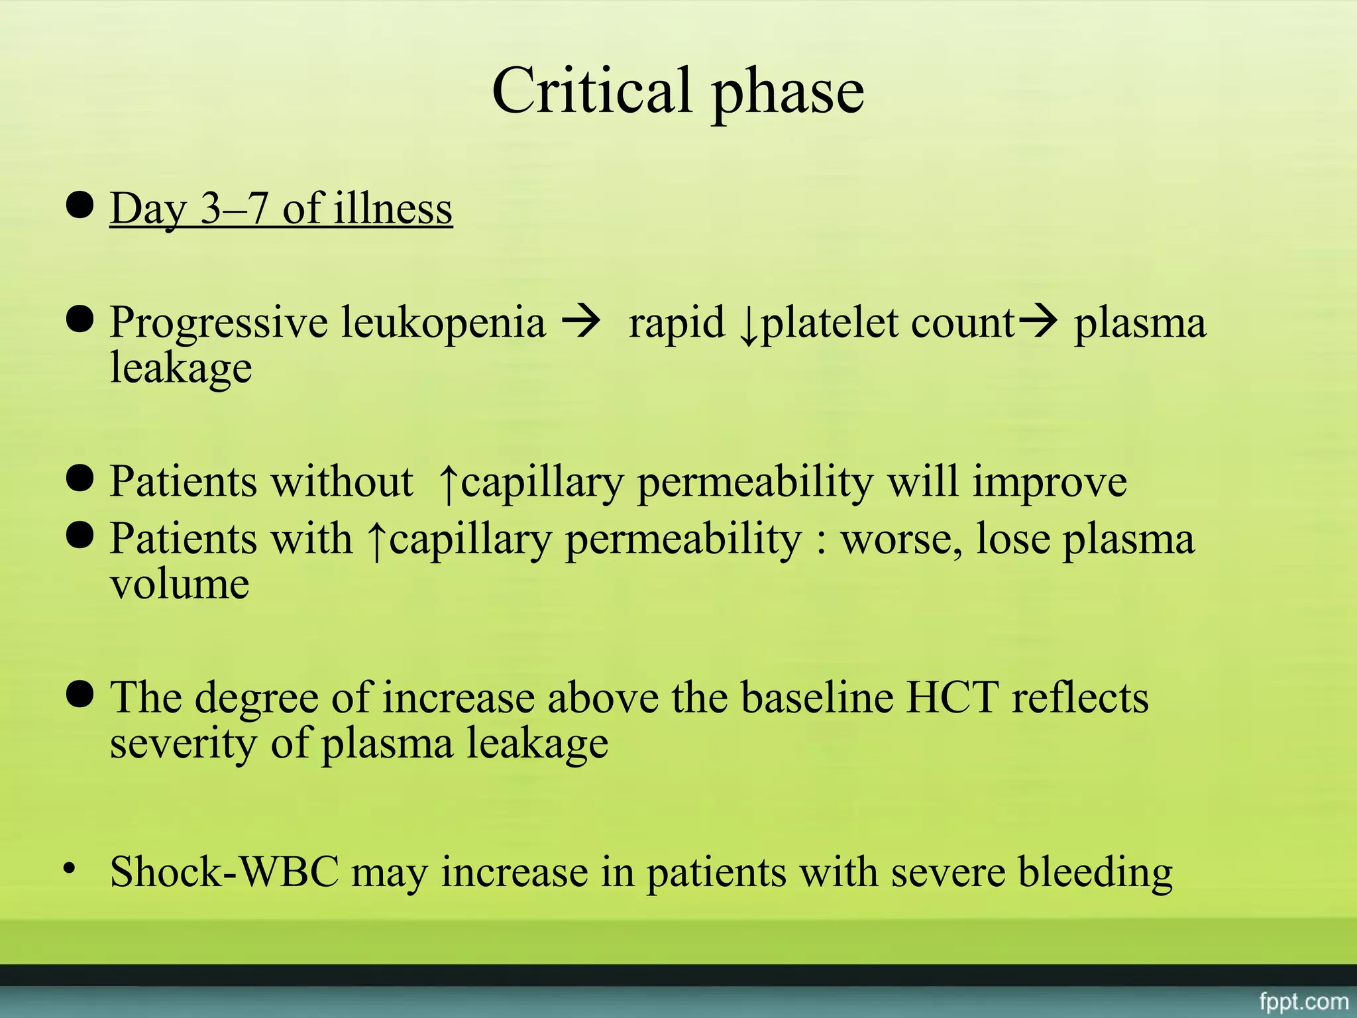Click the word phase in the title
[788, 93]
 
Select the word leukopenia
[443, 323]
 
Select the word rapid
[677, 324]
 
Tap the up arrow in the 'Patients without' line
[449, 483]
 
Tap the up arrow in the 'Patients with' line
[376, 541]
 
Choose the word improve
[1050, 482]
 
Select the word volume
[180, 585]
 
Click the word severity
[183, 744]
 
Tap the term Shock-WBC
[225, 872]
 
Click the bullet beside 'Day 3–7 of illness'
[80, 205]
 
